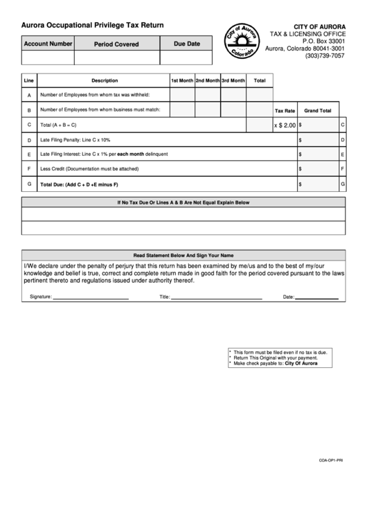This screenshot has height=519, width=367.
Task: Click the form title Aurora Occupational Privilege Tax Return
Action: coord(92,25)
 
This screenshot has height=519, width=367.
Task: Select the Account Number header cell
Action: coord(48,44)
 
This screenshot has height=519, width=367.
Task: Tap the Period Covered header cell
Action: coord(116,44)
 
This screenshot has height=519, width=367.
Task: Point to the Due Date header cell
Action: coord(187,44)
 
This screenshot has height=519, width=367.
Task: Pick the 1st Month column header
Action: coord(182,80)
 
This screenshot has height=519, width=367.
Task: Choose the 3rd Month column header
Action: coord(233,80)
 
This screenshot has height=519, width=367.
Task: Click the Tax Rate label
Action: coord(285,110)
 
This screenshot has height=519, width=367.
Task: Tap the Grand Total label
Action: coord(317,110)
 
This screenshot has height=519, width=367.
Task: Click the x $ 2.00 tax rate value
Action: coord(285,125)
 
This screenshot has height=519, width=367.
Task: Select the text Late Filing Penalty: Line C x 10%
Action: coord(75,140)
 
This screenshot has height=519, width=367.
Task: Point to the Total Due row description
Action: coord(80,184)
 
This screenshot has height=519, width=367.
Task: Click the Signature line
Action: coord(91,298)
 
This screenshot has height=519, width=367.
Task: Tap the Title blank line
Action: coord(216,298)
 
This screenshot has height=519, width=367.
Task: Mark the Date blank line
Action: coord(317,298)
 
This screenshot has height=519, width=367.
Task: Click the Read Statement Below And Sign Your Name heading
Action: coord(183,255)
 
